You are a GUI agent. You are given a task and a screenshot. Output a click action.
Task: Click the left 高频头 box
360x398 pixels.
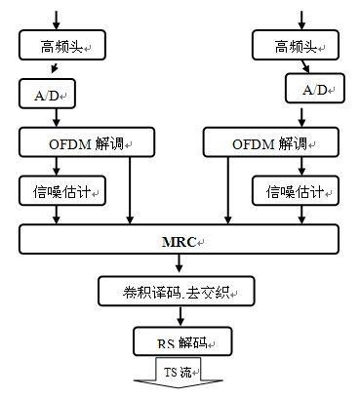tap(56, 44)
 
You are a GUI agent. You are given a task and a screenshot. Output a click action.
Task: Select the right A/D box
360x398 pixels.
tap(313, 90)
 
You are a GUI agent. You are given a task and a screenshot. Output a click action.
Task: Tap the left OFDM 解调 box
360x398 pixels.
tap(77, 143)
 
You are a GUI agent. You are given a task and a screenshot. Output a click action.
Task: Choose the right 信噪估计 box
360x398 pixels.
tap(292, 190)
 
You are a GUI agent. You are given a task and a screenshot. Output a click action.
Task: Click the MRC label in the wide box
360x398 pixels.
tap(179, 240)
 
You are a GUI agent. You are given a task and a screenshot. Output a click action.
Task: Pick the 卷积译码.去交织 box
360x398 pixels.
tap(176, 290)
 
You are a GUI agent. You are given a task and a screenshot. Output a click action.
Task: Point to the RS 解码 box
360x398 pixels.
tap(179, 340)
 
